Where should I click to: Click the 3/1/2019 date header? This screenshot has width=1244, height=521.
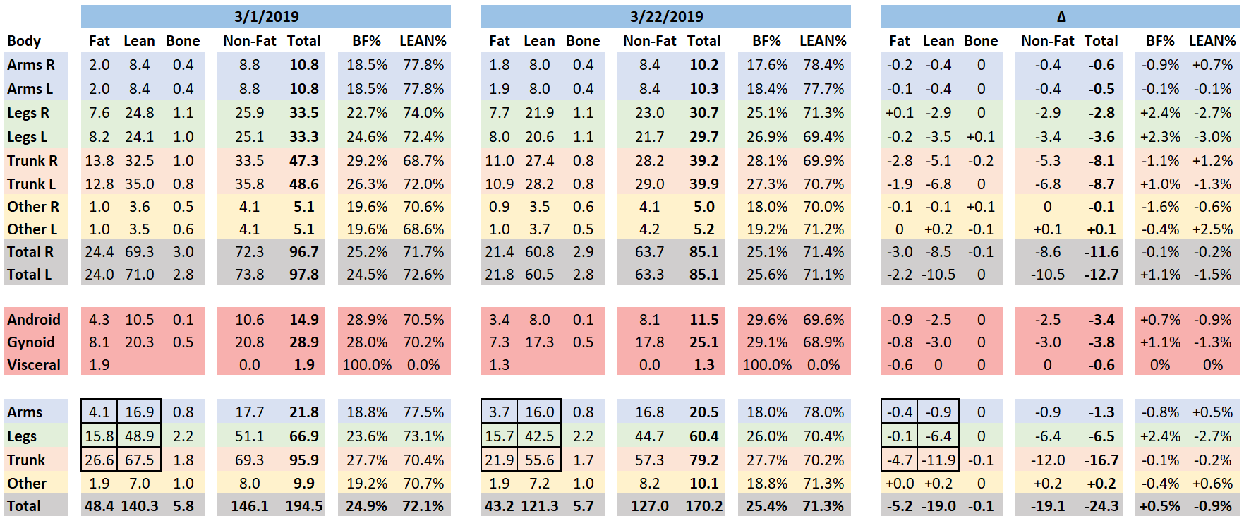coord(266,16)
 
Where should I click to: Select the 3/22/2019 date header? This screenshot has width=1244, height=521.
coord(666,16)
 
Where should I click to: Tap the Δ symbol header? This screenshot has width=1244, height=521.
coord(1061,16)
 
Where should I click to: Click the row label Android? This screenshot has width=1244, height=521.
coord(34,320)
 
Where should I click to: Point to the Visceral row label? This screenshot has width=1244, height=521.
coord(34,365)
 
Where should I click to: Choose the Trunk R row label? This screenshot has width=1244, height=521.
coord(32,161)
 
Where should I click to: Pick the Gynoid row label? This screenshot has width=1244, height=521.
coord(31,342)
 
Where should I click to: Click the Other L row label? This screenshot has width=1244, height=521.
coord(32,229)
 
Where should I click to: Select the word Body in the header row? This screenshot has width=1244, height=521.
coord(24,41)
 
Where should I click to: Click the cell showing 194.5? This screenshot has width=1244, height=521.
coord(304,506)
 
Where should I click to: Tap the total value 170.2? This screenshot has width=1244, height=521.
coord(704,506)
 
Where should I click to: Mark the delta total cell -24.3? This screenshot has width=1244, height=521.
coord(1101,506)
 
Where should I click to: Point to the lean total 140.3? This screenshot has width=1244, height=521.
coord(140,506)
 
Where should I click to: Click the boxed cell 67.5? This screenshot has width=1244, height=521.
coord(140,460)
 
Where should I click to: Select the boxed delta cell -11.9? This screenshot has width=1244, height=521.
coord(938,460)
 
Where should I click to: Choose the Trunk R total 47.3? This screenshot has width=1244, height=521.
coord(304,161)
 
